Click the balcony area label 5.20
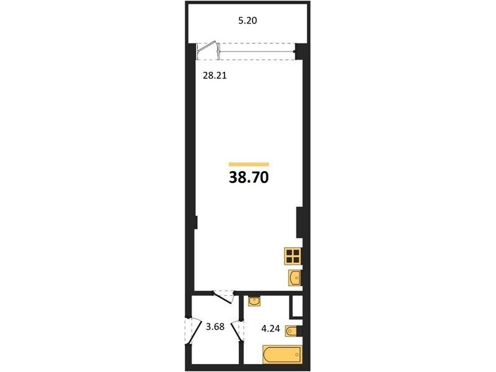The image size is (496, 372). pyautogui.click(x=247, y=21)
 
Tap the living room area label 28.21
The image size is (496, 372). pyautogui.click(x=215, y=76)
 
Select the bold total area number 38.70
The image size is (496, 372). pyautogui.click(x=249, y=178)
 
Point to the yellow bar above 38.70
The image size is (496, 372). pyautogui.click(x=249, y=164)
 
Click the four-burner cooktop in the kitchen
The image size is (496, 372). pyautogui.click(x=293, y=256)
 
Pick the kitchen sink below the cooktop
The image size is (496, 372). pyautogui.click(x=295, y=278)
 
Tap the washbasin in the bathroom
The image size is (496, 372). pyautogui.click(x=254, y=301)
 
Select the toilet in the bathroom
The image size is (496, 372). pyautogui.click(x=293, y=331)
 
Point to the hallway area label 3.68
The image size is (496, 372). pyautogui.click(x=215, y=327)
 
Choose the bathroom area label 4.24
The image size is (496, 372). pyautogui.click(x=270, y=329)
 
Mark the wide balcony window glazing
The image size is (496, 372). pyautogui.click(x=257, y=51)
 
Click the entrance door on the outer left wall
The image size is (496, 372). pyautogui.click(x=193, y=332)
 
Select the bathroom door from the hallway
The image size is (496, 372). pyautogui.click(x=237, y=332)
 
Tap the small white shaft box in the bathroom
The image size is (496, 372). pyautogui.click(x=298, y=306)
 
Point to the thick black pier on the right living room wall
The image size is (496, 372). pyautogui.click(x=299, y=223)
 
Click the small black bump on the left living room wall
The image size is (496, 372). pyautogui.click(x=196, y=222)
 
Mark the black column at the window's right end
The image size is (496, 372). pyautogui.click(x=299, y=51)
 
